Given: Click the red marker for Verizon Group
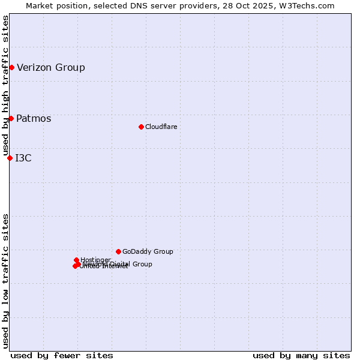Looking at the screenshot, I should (11, 67).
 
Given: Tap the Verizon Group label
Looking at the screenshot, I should (51, 67).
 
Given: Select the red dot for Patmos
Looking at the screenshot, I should (11, 118).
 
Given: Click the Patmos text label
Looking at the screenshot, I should (34, 118).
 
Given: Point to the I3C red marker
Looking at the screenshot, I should (10, 158).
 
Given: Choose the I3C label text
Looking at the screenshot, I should (23, 158).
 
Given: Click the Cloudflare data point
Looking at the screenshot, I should (141, 127).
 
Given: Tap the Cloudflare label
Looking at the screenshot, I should (161, 127).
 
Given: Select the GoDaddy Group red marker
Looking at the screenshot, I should (118, 251).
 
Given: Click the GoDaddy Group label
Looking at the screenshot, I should (148, 251).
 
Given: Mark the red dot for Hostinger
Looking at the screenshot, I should (76, 260).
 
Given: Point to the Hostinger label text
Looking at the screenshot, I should (95, 259).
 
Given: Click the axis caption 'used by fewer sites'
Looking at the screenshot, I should (62, 355).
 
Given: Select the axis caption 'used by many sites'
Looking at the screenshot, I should (301, 355).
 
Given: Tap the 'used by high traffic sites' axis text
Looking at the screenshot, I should (5, 85).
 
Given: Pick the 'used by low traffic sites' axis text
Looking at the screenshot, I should (5, 280).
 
